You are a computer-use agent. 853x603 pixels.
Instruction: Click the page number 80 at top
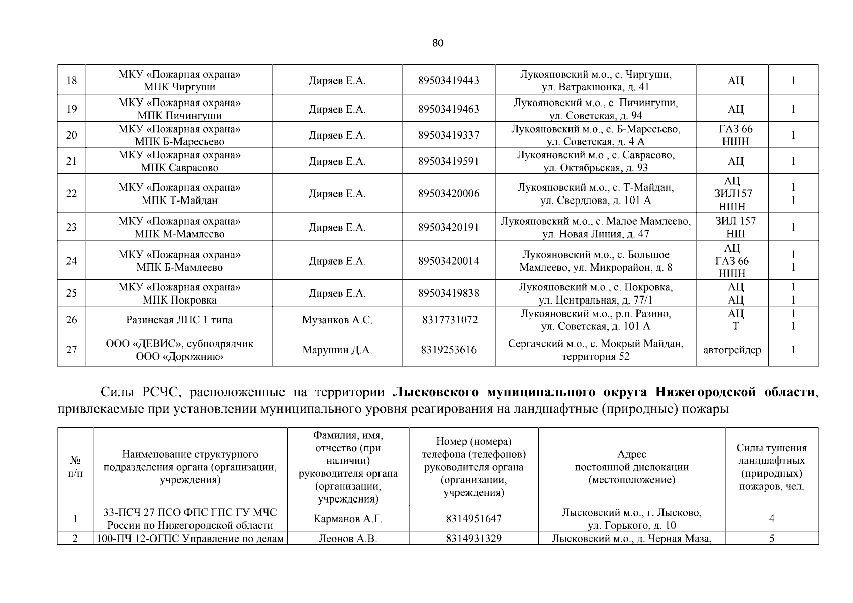click(438, 43)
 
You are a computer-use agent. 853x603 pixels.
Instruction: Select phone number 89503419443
click(448, 80)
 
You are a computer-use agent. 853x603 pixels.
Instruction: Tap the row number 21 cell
click(72, 161)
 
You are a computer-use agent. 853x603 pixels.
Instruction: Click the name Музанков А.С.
click(337, 320)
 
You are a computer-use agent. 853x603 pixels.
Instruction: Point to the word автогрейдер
click(732, 350)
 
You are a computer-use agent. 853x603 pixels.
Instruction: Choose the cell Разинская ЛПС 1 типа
click(179, 320)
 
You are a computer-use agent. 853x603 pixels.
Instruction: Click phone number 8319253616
click(448, 350)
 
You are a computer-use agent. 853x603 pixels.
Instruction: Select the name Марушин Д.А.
click(337, 350)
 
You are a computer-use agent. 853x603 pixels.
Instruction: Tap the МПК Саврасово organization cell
click(179, 161)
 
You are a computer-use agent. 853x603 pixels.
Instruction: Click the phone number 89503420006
click(448, 194)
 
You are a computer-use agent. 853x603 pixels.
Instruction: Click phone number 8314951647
click(473, 519)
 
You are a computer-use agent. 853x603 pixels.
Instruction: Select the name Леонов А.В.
click(348, 539)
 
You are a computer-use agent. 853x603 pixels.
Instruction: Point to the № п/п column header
click(75, 467)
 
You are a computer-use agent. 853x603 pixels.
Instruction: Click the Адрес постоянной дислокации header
click(631, 467)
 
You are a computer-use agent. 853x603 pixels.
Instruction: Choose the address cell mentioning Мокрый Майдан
click(596, 350)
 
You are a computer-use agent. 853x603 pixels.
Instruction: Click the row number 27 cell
click(72, 350)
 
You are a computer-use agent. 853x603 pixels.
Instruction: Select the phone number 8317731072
click(448, 320)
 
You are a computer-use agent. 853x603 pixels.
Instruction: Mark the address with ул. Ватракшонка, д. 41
click(596, 81)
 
